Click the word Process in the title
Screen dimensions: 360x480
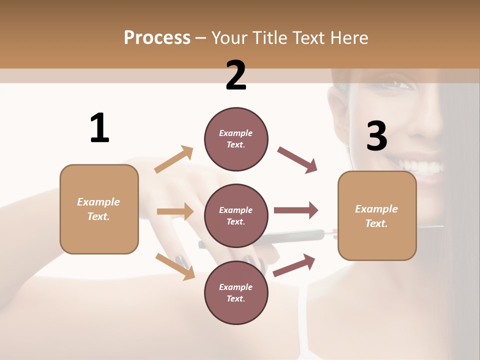[x=157, y=37]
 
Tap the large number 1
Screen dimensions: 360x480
[x=99, y=128]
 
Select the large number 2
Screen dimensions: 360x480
[x=236, y=75]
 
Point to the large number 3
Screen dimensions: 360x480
[x=376, y=136]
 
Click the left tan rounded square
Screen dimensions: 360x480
[x=99, y=209]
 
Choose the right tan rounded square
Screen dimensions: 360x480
[x=377, y=215]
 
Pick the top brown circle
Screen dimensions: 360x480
[x=236, y=139]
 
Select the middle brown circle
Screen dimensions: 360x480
[x=236, y=215]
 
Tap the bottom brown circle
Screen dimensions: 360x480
[x=236, y=292]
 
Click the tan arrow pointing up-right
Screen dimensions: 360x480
[x=174, y=159]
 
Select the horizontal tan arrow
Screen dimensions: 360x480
[x=175, y=211]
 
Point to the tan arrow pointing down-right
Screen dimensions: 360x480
[x=175, y=266]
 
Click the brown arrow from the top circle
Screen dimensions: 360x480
[x=297, y=160]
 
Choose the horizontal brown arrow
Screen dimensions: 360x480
[x=296, y=210]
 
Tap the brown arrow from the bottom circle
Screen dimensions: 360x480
[x=294, y=265]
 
